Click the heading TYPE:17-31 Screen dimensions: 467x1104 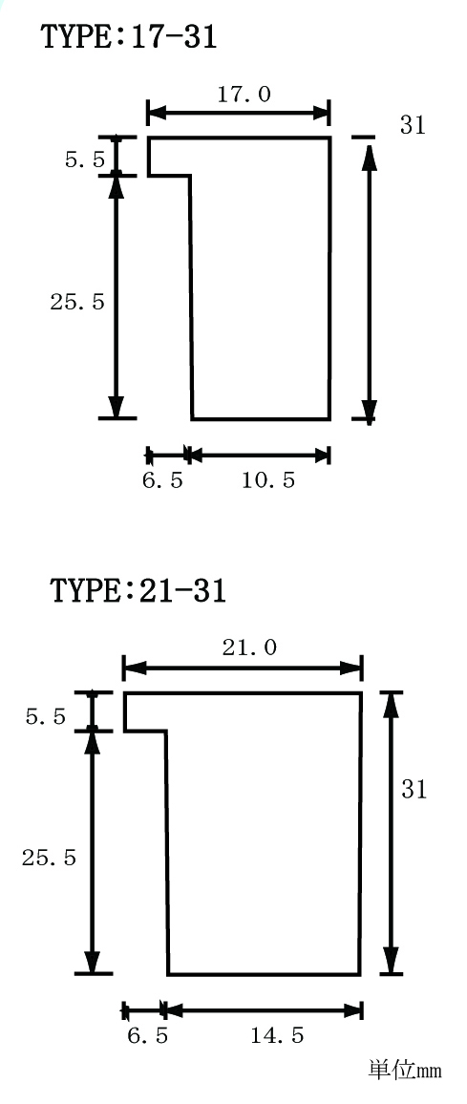point(130,36)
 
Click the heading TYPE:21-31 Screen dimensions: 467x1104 point(138,590)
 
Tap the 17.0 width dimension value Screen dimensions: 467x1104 point(244,95)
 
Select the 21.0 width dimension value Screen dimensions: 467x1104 point(249,648)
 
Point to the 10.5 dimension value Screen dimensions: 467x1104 point(268,481)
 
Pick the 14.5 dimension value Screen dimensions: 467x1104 point(277,1035)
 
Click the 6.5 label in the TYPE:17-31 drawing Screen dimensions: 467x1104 point(162,481)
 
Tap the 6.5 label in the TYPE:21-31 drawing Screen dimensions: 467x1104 point(148,1035)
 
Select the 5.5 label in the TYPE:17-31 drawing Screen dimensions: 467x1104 point(85,159)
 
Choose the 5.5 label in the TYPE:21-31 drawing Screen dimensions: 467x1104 point(46,717)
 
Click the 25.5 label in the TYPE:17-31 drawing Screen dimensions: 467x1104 point(76,302)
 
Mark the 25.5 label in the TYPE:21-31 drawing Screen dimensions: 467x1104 point(49,859)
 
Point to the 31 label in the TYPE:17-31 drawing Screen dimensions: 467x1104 point(414,125)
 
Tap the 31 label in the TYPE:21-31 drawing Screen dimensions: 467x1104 point(414,789)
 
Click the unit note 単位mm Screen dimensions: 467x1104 point(405,1071)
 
